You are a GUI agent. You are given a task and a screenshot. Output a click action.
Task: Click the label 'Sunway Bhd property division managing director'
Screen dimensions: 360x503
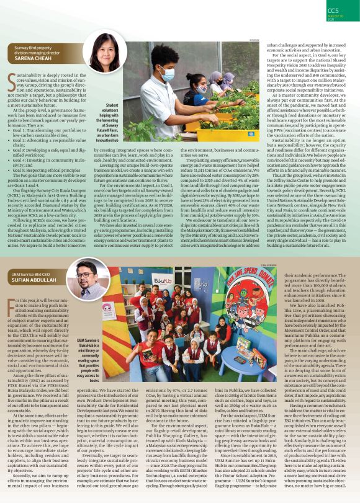(40, 50)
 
